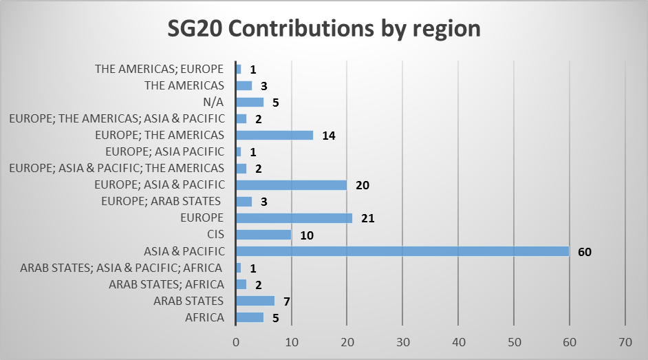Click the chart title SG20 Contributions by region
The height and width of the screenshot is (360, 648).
[324, 30]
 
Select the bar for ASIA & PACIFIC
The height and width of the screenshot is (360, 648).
[402, 251]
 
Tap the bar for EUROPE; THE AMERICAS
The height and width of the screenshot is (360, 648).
[274, 136]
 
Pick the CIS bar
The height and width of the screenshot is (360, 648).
[263, 235]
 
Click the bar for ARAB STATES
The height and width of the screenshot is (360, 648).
[255, 301]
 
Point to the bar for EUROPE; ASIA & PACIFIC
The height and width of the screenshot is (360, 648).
[291, 185]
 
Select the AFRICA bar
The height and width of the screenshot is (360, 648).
[250, 317]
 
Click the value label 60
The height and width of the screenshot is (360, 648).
[585, 252]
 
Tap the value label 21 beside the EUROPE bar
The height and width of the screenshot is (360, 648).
[367, 219]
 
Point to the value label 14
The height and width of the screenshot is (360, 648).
[329, 136]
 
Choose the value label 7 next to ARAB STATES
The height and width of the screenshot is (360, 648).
[286, 301]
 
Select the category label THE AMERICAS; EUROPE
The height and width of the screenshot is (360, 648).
[160, 69]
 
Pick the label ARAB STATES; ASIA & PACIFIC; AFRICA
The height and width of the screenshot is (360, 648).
[122, 268]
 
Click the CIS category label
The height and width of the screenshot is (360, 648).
[215, 235]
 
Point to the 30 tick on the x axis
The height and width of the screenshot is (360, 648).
[403, 341]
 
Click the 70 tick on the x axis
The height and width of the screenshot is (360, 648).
[625, 341]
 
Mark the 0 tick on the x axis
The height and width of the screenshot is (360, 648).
[236, 341]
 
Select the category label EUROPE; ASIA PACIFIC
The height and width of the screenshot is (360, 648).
[165, 151]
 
